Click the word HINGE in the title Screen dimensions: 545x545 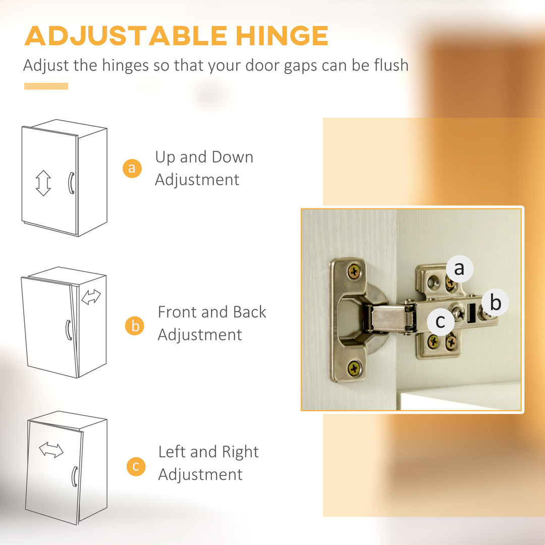pos(282,35)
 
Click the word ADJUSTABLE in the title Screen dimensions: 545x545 pos(126,35)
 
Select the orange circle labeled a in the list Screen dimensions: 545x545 pos(132,168)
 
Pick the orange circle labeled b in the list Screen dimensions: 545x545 pos(135,325)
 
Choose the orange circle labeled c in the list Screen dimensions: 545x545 pos(136,466)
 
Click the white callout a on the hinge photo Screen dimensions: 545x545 pos(460,269)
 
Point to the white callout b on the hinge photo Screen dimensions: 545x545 pos(496,302)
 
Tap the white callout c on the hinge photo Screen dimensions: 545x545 pos(441,321)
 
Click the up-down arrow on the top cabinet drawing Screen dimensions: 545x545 pos(43,183)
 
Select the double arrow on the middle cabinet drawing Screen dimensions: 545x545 pos(91,297)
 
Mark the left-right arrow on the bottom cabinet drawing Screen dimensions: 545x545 pos(51,450)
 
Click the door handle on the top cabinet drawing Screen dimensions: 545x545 pos(71,183)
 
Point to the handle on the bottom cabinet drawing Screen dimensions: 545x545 pos(74,476)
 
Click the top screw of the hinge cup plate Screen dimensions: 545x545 pos(354,271)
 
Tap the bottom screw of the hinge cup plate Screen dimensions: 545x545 pos(354,368)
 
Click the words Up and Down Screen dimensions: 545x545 pos(204,157)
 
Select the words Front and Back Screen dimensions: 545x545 pos(211,312)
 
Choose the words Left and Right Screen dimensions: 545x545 pos(208,452)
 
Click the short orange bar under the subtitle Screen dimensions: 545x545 pos(46,86)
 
